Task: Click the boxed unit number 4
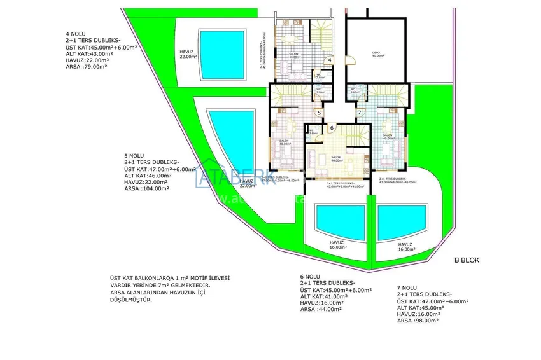(x=329, y=60)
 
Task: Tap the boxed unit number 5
(x=319, y=113)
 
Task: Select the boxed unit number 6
(x=332, y=128)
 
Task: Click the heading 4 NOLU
(x=75, y=34)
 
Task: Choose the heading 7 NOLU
(x=407, y=288)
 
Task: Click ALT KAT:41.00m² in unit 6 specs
(x=323, y=297)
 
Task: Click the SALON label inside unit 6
(x=335, y=157)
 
